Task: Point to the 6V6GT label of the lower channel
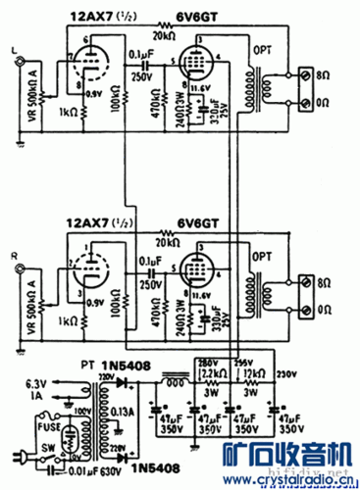tap(193, 223)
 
